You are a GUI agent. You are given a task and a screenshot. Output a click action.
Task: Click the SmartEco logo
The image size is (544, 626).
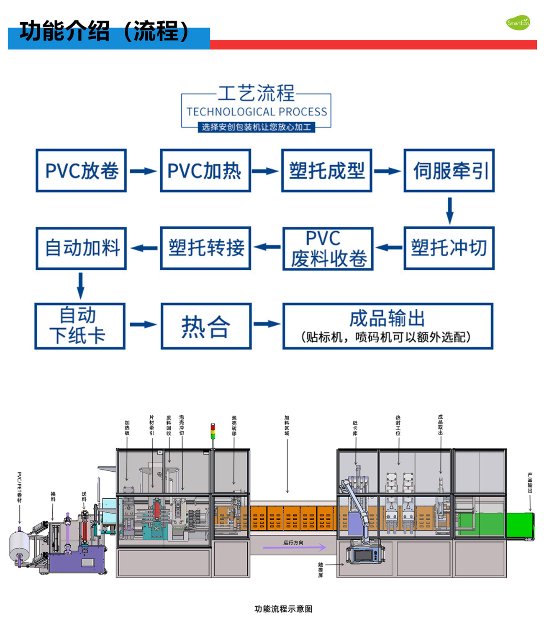coord(518,23)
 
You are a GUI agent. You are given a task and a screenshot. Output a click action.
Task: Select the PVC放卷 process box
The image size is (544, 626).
coord(81,171)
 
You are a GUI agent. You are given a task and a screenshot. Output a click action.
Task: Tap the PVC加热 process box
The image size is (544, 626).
coord(205,171)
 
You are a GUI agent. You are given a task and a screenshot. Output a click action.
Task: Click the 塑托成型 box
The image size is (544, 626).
coord(327,171)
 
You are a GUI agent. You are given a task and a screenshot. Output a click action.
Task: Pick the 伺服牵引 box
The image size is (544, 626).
coord(449,171)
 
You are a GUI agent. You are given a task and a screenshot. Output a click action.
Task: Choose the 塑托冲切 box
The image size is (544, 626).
coord(449,248)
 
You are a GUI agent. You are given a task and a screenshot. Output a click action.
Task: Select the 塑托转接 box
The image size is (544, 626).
coord(205,248)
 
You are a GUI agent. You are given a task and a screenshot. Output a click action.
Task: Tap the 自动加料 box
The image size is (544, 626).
coord(81,248)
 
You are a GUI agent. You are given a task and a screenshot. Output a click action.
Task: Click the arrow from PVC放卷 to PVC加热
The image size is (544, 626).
coord(143,171)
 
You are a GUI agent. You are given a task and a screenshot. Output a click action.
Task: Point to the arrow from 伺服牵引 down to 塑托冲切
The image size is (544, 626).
coord(450,210)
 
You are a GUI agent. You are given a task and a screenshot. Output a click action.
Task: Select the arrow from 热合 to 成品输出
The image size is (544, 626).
coord(267,324)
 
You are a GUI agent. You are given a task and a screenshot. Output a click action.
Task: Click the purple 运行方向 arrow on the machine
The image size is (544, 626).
coord(295,547)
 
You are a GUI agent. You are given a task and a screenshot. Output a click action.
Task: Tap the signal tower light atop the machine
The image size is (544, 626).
coord(213,431)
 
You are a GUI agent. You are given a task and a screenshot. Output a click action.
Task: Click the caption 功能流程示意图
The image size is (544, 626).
coord(284,609)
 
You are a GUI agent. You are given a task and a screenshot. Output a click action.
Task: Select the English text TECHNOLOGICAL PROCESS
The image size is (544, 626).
coord(257,112)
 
